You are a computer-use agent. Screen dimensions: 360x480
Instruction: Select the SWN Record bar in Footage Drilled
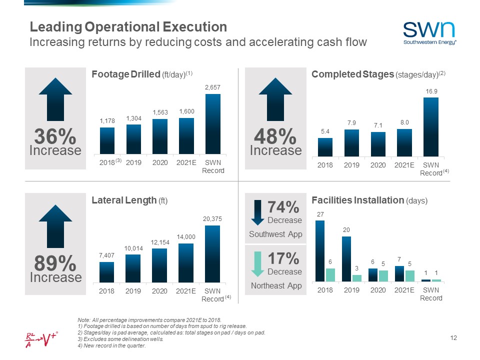click(213, 124)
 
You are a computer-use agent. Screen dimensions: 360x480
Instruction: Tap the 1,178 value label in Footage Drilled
click(107, 120)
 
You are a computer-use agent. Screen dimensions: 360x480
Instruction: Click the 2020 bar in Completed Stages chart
click(377, 144)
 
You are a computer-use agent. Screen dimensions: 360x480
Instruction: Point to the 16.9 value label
click(431, 91)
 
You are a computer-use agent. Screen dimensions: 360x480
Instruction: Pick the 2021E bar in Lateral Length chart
click(186, 262)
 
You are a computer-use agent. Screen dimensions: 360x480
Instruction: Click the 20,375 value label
click(212, 219)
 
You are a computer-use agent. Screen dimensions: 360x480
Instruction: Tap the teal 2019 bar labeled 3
click(356, 278)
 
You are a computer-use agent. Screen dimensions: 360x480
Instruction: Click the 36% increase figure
click(55, 136)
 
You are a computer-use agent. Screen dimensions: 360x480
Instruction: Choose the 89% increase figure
click(55, 263)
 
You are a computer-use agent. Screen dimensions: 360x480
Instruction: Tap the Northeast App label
click(275, 285)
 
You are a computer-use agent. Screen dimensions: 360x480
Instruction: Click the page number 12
click(453, 339)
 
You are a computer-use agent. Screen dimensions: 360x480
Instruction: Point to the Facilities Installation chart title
click(369, 200)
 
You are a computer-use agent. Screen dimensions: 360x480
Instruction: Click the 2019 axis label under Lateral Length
click(133, 290)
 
